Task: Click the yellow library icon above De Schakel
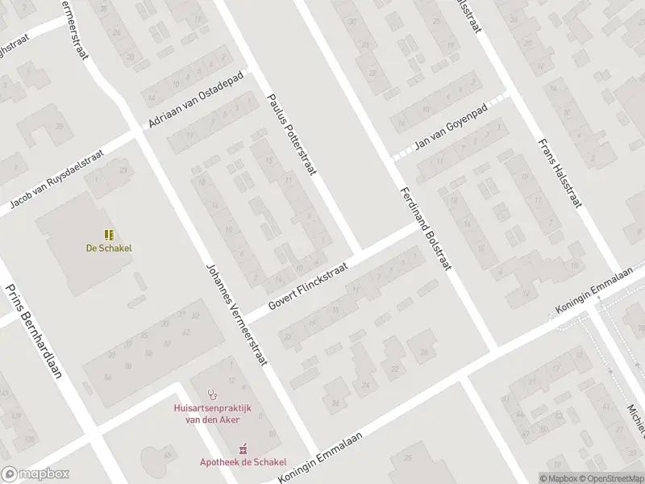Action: coord(108,236)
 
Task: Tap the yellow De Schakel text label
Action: coord(109,248)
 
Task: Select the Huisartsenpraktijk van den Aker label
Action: coord(213,413)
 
